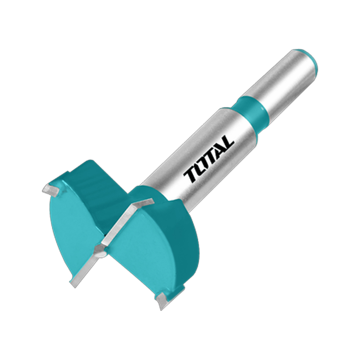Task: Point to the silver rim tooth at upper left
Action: pyautogui.click(x=51, y=190)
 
